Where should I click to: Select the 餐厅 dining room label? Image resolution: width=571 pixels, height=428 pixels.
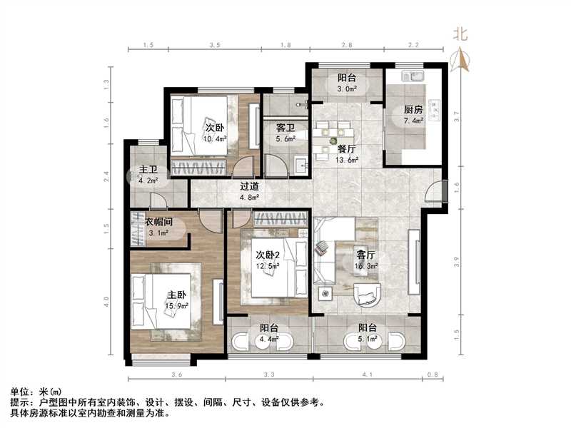[347, 149]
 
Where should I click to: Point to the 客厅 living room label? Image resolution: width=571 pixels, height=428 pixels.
[366, 255]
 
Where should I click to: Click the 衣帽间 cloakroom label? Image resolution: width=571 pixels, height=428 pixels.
[160, 221]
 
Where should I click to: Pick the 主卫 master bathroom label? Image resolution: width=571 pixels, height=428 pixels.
[149, 171]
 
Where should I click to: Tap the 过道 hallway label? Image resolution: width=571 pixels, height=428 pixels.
[249, 187]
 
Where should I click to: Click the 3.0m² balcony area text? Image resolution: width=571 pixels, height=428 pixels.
[348, 90]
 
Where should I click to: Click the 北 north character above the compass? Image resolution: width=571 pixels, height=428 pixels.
[461, 33]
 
